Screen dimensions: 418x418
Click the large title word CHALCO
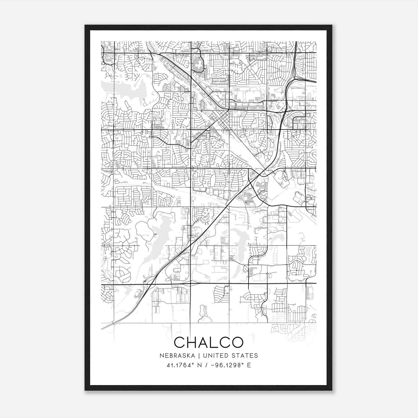[208, 342]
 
